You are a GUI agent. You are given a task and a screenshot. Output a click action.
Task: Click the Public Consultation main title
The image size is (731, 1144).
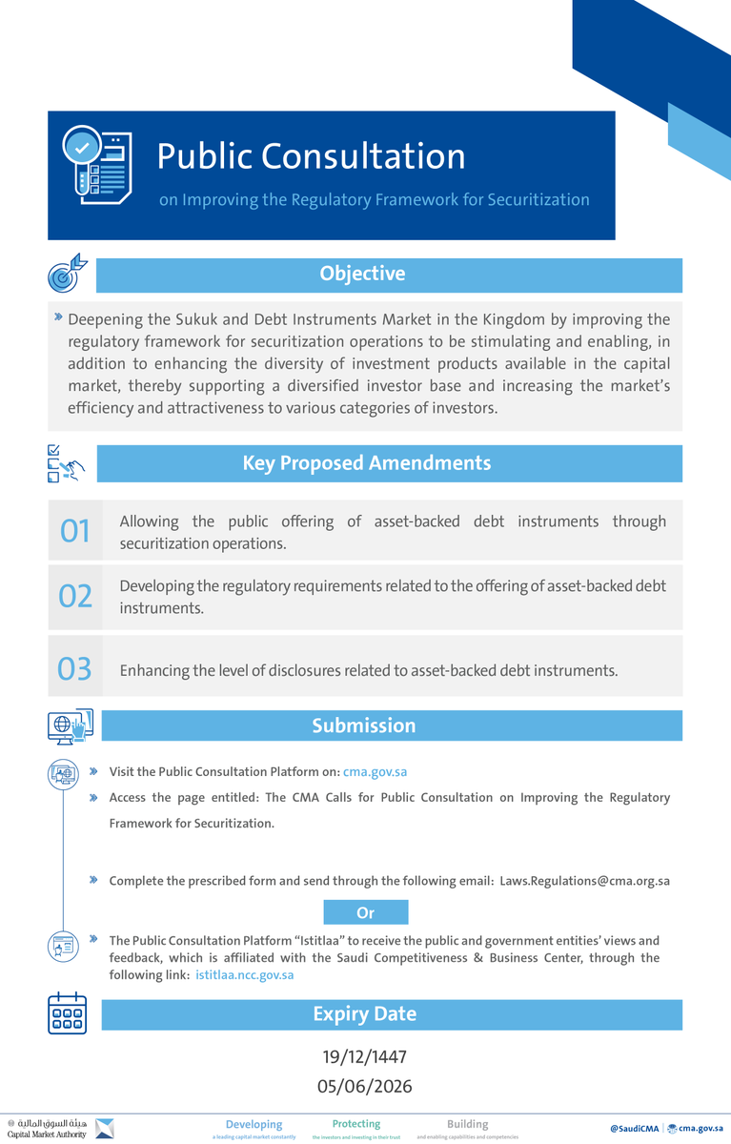pyautogui.click(x=311, y=156)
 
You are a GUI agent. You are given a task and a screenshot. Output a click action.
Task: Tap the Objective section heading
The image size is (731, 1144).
pyautogui.click(x=362, y=274)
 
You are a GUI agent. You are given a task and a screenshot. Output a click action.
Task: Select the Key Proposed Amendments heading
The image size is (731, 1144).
pyautogui.click(x=366, y=463)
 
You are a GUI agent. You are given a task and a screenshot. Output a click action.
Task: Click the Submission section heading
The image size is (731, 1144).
pyautogui.click(x=363, y=725)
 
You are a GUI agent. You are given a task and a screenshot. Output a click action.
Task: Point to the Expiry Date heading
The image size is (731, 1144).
pyautogui.click(x=364, y=1014)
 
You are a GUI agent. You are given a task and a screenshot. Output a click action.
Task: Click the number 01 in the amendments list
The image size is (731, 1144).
pyautogui.click(x=74, y=531)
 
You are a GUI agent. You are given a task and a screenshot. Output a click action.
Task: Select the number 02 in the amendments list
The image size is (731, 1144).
pyautogui.click(x=75, y=597)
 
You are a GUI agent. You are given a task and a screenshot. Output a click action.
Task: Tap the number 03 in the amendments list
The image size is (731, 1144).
pyautogui.click(x=74, y=669)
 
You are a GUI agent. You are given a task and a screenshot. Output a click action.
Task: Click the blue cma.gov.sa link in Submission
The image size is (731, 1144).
pyautogui.click(x=375, y=772)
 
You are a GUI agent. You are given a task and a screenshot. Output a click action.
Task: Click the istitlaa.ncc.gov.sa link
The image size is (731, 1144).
pyautogui.click(x=244, y=974)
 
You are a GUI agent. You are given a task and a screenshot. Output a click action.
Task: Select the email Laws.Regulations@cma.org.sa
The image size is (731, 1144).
pyautogui.click(x=584, y=881)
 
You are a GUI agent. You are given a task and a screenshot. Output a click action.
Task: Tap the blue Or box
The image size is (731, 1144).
pyautogui.click(x=365, y=912)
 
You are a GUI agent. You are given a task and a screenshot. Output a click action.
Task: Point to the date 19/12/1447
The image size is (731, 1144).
pyautogui.click(x=364, y=1057)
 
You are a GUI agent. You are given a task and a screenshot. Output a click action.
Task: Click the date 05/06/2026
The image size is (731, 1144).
pyautogui.click(x=364, y=1086)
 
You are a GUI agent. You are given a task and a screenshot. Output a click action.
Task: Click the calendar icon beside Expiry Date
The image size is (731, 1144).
pyautogui.click(x=67, y=1014)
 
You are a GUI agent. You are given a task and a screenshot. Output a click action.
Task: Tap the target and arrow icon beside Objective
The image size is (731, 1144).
pyautogui.click(x=67, y=274)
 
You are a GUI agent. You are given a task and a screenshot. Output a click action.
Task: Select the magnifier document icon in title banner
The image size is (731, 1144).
pyautogui.click(x=96, y=165)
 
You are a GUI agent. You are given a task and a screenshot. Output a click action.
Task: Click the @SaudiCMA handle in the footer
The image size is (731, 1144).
pyautogui.click(x=634, y=1129)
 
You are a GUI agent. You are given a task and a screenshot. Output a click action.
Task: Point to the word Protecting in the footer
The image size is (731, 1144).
pyautogui.click(x=355, y=1124)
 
